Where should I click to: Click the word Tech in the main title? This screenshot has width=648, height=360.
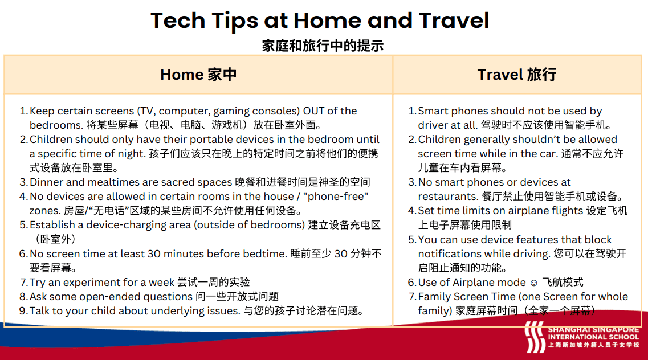(178, 21)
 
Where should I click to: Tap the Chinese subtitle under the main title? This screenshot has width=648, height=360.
(323, 46)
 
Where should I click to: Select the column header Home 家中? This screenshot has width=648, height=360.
(198, 75)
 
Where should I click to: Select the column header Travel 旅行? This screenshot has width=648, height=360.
(516, 75)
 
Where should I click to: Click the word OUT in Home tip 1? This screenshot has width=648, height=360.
(313, 111)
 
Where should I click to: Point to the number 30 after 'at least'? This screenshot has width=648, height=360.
(154, 254)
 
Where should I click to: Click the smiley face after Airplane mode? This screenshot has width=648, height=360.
(533, 283)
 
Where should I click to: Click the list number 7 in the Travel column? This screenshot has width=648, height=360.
(413, 297)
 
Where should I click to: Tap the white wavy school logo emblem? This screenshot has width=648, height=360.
(535, 337)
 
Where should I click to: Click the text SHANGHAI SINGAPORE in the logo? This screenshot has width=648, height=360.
(593, 330)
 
